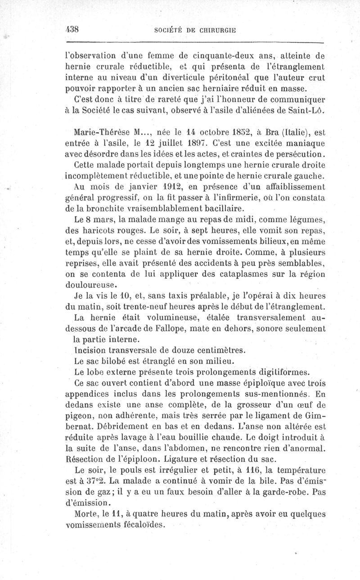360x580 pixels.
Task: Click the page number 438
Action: pyautogui.click(x=72, y=29)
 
